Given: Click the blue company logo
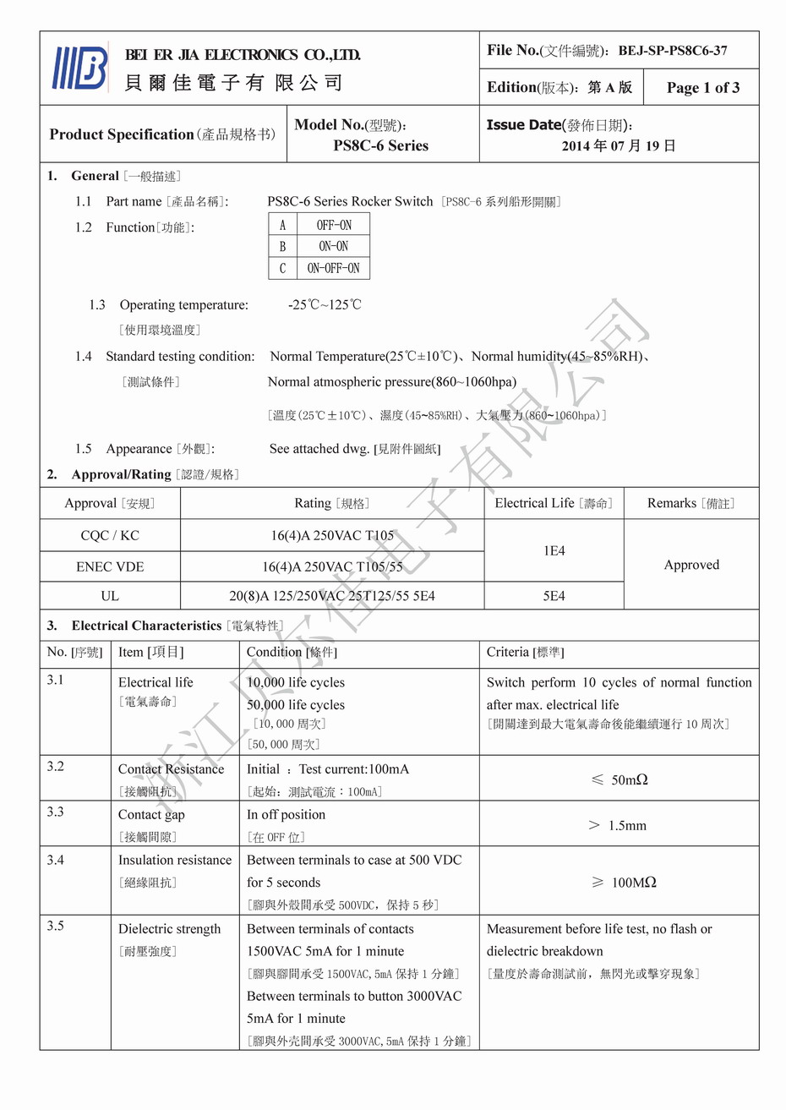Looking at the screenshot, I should [80, 67].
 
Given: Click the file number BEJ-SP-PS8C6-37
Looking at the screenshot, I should [672, 51].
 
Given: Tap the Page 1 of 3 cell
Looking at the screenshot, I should [702, 88].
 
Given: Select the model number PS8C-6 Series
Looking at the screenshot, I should [380, 145].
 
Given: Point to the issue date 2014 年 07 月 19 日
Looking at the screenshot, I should [619, 145].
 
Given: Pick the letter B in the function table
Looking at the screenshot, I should [282, 247].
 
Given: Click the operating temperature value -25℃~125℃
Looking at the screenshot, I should [325, 305].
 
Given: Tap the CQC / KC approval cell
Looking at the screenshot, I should [110, 535].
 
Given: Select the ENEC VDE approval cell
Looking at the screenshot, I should [110, 566].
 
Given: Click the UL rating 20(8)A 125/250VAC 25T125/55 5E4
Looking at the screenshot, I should [332, 596].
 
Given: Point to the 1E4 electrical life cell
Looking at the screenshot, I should [554, 550].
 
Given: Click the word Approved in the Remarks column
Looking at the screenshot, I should [691, 565].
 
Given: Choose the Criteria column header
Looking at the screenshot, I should [525, 653].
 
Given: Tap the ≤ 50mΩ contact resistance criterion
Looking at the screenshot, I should [620, 779].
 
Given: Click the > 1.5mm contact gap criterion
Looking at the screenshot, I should [618, 825].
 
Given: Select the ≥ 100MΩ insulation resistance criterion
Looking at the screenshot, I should [624, 883].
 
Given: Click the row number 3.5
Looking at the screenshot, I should [56, 926].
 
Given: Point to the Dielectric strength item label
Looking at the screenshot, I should [169, 929].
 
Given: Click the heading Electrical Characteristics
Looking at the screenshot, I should [146, 626].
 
